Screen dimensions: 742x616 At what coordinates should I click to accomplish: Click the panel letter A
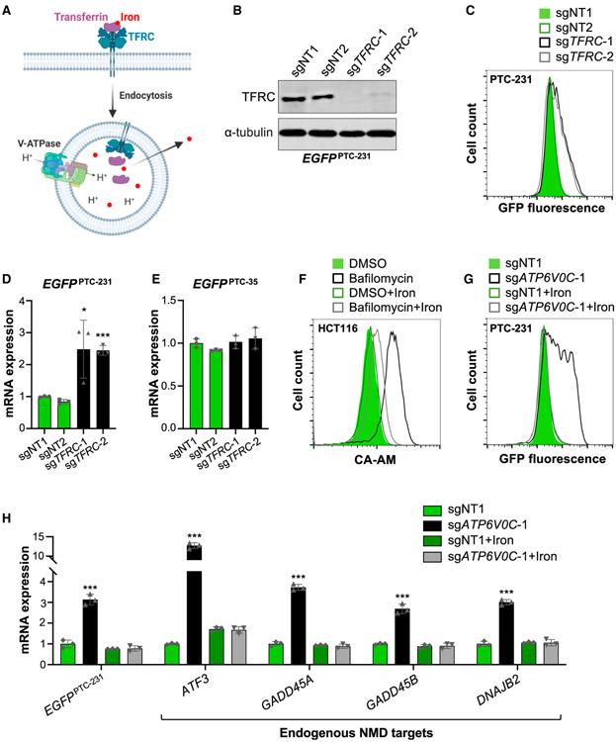click(9, 11)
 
